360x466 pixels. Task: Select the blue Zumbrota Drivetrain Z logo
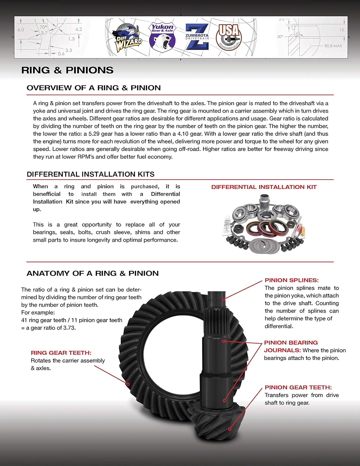197,37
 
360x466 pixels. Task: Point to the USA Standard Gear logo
229,37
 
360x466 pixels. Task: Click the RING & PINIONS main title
67,70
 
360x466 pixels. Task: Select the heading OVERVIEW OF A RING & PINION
93,88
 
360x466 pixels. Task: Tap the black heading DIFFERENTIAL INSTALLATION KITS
90,174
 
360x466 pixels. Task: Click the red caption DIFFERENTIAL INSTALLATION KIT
264,187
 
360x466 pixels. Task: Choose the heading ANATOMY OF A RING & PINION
93,273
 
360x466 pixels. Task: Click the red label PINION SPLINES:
291,280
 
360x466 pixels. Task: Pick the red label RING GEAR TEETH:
61,353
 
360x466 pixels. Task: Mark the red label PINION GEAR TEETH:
298,387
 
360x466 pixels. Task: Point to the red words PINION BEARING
291,343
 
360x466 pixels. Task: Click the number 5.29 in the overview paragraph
95,134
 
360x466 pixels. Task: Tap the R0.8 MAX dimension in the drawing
333,46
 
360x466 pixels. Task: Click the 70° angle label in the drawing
43,27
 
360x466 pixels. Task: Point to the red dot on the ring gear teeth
128,384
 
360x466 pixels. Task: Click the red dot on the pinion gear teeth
230,429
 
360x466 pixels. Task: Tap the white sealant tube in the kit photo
229,225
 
